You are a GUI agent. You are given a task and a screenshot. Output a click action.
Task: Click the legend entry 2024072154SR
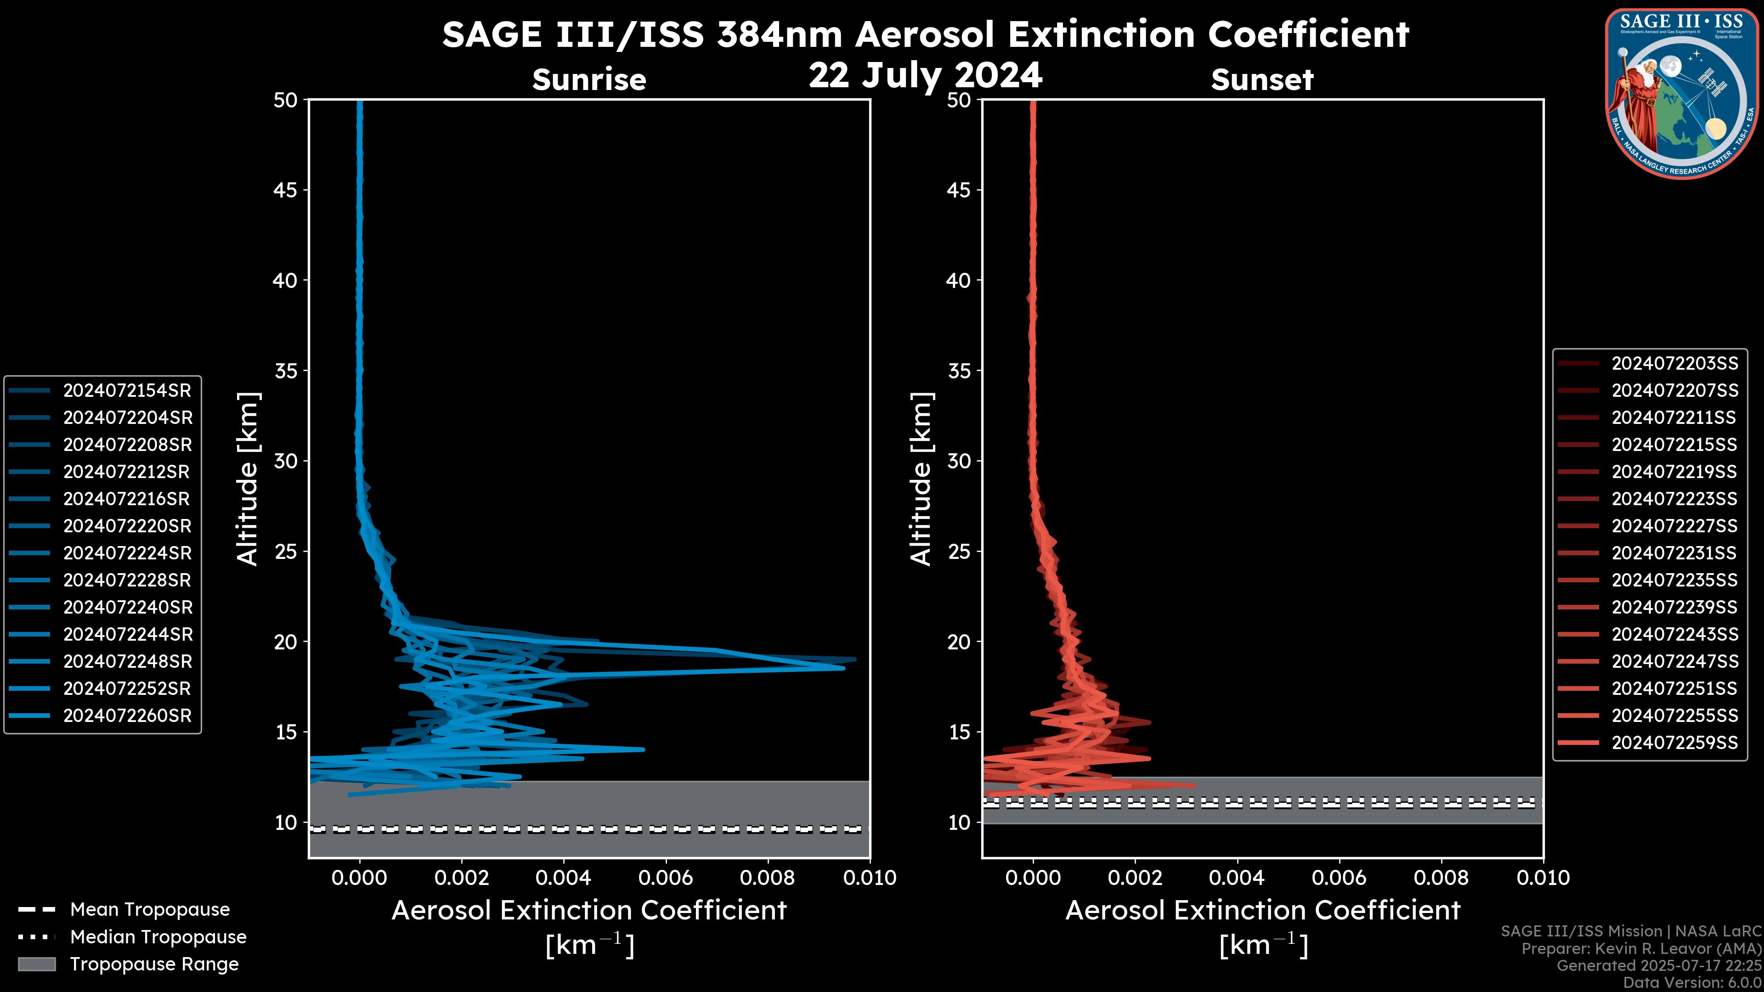(x=127, y=390)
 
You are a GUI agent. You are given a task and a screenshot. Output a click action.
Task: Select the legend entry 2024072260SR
(x=127, y=716)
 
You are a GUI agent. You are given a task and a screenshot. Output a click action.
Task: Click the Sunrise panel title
(x=589, y=79)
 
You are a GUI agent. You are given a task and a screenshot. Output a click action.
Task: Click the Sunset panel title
(x=1262, y=79)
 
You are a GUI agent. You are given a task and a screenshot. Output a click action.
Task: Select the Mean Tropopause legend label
(x=150, y=909)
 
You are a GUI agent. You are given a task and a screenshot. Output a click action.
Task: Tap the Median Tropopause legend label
(x=158, y=936)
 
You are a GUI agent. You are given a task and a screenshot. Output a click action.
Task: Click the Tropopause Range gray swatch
(x=36, y=964)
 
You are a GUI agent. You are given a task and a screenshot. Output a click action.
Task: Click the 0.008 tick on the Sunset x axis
(x=1442, y=878)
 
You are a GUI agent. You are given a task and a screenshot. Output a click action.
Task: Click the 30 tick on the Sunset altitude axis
(x=959, y=461)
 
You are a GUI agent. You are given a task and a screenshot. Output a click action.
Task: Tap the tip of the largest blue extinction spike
(x=854, y=660)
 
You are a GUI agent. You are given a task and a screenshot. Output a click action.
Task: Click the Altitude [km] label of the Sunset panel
(x=921, y=479)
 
